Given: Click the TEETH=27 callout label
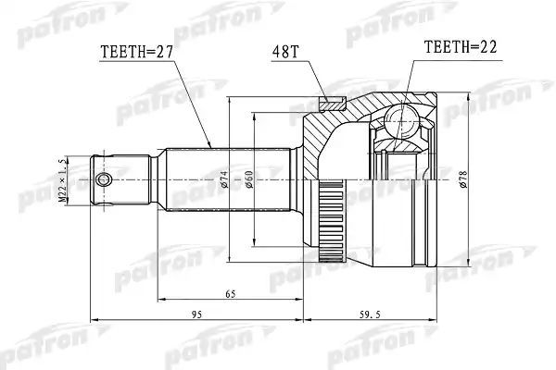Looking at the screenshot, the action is (x=137, y=53).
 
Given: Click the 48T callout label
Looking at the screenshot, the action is (x=285, y=52).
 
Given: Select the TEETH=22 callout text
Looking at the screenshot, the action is (x=461, y=47).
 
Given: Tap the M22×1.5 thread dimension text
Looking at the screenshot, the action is (x=63, y=180).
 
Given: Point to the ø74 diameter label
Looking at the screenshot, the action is (x=223, y=179).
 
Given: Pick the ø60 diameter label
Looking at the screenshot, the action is (x=249, y=179).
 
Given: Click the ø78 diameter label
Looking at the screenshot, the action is (x=463, y=179).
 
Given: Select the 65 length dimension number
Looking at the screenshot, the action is (x=231, y=293).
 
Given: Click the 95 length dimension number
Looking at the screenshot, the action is (x=196, y=314).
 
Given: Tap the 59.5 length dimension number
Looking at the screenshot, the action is (x=371, y=314).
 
